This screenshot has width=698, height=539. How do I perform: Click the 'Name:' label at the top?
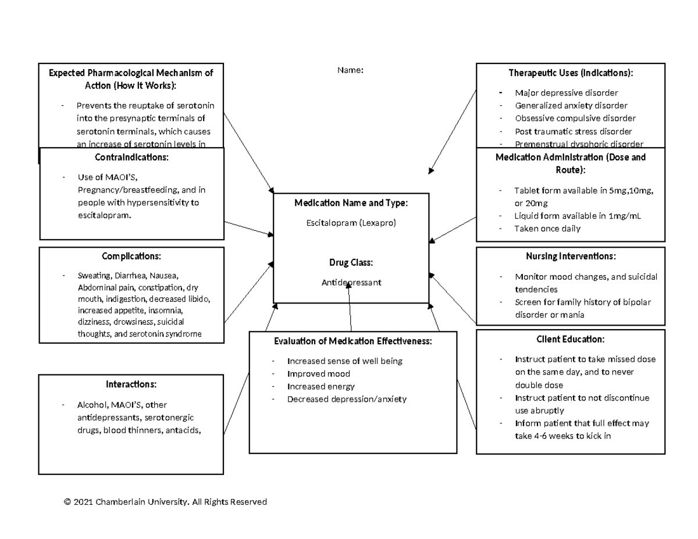pyautogui.click(x=350, y=70)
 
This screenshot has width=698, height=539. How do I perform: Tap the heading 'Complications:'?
pyautogui.click(x=131, y=256)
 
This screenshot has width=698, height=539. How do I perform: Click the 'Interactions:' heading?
pyautogui.click(x=131, y=384)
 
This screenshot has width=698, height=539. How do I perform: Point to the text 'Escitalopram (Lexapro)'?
pyautogui.click(x=351, y=223)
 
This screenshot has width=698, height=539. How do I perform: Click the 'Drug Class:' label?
pyautogui.click(x=351, y=263)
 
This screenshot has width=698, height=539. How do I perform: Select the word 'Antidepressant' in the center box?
pyautogui.click(x=351, y=283)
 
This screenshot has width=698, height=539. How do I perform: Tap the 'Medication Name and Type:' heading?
pyautogui.click(x=351, y=203)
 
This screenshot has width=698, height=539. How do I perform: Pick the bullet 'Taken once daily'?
pyautogui.click(x=547, y=229)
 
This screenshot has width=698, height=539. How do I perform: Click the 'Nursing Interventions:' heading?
pyautogui.click(x=570, y=256)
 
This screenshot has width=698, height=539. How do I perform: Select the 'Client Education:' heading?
pyautogui.click(x=570, y=339)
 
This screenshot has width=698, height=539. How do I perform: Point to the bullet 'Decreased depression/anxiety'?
pyautogui.click(x=347, y=399)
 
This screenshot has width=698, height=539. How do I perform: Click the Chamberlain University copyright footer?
pyautogui.click(x=165, y=502)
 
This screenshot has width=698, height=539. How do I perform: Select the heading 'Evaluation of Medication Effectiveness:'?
pyautogui.click(x=352, y=341)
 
